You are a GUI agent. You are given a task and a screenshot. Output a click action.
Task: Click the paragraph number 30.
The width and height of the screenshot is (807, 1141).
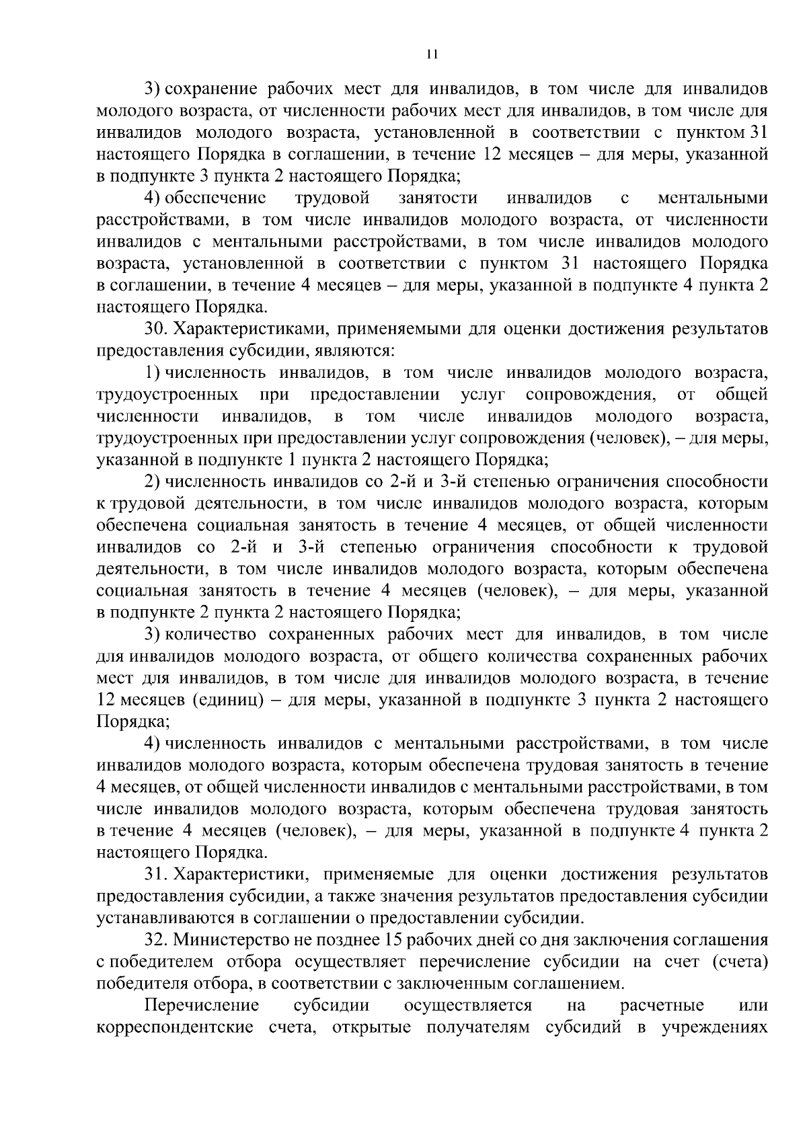(x=155, y=329)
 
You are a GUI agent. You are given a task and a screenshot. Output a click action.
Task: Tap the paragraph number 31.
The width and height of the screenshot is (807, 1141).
(x=155, y=874)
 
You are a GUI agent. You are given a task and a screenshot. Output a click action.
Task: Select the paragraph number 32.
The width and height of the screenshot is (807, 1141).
(x=155, y=939)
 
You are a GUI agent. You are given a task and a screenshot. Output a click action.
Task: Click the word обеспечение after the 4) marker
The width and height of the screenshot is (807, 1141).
(x=215, y=198)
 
